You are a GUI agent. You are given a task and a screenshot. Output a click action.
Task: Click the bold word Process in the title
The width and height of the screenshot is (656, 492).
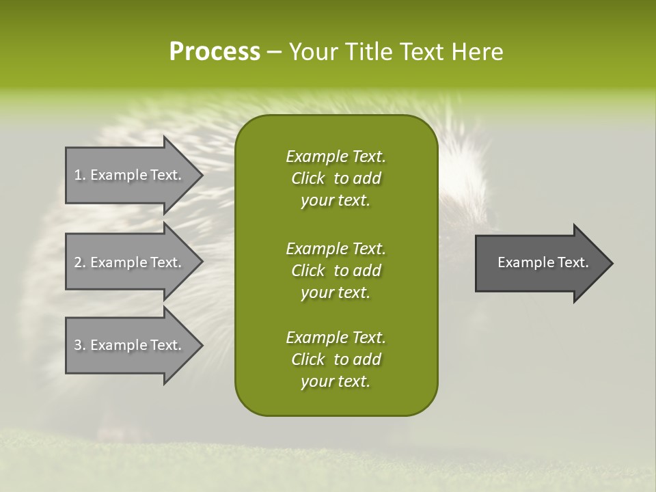click(215, 52)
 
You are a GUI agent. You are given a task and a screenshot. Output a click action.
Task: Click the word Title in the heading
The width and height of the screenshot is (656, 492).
click(370, 52)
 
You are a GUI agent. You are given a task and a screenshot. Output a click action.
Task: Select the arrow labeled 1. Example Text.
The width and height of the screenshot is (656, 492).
click(130, 175)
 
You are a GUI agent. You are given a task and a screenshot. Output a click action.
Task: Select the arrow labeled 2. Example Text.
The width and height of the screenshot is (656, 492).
click(130, 262)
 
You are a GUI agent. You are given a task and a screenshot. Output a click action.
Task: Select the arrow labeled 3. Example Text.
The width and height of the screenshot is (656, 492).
click(130, 345)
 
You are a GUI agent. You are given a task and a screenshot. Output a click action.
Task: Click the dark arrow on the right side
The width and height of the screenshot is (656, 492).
click(540, 262)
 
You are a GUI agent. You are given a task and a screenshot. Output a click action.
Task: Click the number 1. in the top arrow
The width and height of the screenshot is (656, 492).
click(79, 175)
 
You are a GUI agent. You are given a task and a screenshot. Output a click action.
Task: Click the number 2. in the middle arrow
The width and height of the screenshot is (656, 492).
click(79, 262)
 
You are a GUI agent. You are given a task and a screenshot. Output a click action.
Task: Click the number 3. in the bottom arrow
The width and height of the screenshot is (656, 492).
click(79, 345)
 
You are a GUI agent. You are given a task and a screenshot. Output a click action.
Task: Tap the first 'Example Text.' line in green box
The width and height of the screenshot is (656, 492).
click(336, 156)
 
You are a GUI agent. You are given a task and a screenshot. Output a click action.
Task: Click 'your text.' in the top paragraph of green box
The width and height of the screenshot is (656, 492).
click(336, 201)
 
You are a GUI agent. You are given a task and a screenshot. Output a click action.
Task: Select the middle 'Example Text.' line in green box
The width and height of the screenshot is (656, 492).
click(336, 248)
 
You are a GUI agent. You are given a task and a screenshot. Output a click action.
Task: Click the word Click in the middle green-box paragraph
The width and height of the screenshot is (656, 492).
click(308, 271)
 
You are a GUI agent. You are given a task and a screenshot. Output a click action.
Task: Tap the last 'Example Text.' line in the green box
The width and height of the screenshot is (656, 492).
click(336, 338)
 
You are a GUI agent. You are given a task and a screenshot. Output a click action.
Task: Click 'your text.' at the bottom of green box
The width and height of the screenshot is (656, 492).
click(336, 382)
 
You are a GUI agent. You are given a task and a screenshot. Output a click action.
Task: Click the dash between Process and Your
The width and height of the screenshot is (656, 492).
click(274, 53)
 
